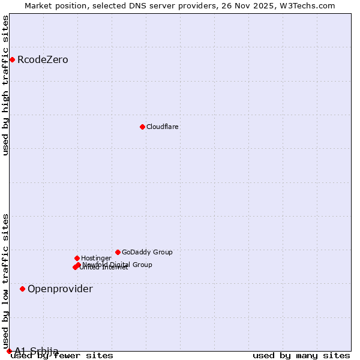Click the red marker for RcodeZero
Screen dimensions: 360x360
pyautogui.click(x=12, y=59)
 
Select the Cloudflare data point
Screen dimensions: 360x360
pyautogui.click(x=142, y=127)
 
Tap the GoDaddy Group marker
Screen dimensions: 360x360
pyautogui.click(x=118, y=252)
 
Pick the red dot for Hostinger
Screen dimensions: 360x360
pyautogui.click(x=77, y=258)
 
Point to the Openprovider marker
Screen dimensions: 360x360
pyautogui.click(x=22, y=289)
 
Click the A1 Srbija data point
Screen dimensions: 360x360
pyautogui.click(x=9, y=351)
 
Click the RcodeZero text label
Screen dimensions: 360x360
pyautogui.click(x=43, y=60)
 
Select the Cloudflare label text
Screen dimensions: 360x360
pyautogui.click(x=163, y=127)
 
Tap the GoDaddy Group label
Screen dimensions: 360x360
pyautogui.click(x=147, y=252)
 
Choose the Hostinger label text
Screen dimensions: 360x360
pyautogui.click(x=96, y=258)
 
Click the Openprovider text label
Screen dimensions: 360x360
pyautogui.click(x=60, y=289)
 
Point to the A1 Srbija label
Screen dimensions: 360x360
pyautogui.click(x=37, y=351)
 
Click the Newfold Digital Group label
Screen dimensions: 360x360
pyautogui.click(x=118, y=265)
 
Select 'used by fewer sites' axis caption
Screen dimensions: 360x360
pyautogui.click(x=62, y=356)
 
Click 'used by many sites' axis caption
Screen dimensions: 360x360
pyautogui.click(x=301, y=356)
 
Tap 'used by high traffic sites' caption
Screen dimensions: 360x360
pyautogui.click(x=6, y=85)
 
